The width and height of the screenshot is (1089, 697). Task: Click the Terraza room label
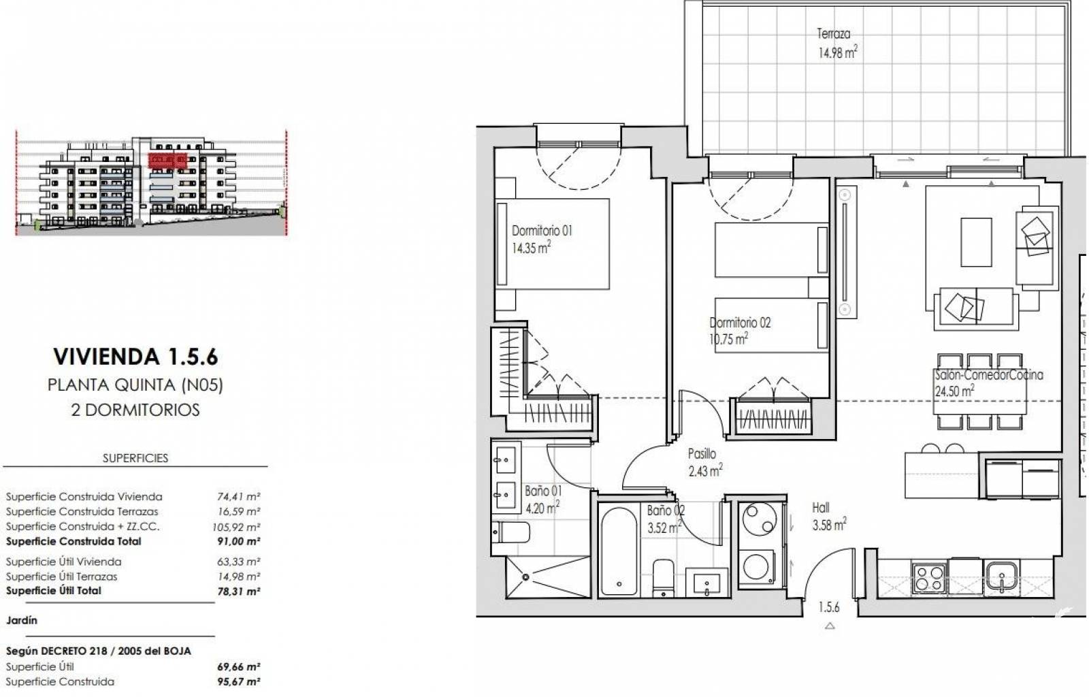pos(833,33)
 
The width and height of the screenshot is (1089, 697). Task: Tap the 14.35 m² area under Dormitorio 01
pos(531,248)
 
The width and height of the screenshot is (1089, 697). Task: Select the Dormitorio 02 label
pos(740,323)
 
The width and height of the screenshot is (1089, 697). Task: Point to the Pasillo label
pos(702,454)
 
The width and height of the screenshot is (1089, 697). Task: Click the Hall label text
pos(821,508)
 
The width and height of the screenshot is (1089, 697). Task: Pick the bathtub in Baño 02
pos(619,551)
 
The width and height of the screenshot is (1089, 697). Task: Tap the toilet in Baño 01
pos(510,533)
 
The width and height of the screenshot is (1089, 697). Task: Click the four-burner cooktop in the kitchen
pos(929,579)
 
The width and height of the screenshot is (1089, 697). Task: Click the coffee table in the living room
pos(976,242)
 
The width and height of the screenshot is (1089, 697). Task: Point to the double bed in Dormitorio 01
pos(552,244)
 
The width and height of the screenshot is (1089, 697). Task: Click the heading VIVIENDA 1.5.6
pos(135,356)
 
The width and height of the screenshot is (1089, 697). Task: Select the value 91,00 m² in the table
pos(239,541)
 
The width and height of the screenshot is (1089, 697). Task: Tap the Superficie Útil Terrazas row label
pos(62,577)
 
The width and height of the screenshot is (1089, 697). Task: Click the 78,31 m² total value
pos(239,591)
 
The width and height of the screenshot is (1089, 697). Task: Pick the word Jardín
pos(21,620)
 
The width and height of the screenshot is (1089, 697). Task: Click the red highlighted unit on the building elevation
pos(167,161)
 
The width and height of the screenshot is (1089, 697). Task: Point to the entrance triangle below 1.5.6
pos(830,626)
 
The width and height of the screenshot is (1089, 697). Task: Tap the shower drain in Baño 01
pos(525,577)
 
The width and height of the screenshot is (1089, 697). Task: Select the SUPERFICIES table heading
pos(135,458)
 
